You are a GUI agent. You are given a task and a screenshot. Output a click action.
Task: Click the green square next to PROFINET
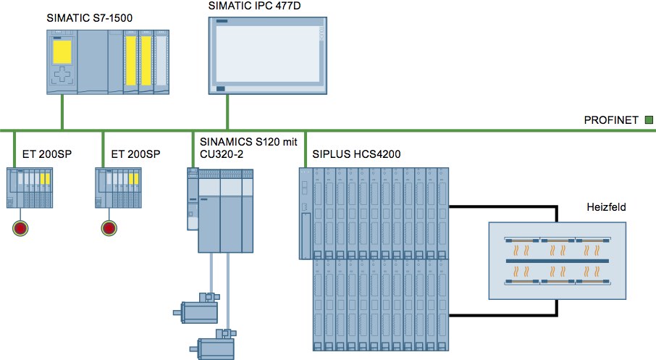(x=649, y=120)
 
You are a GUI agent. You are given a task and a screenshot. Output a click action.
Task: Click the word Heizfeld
(x=605, y=207)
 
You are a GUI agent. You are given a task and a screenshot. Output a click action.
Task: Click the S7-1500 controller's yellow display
(x=62, y=51)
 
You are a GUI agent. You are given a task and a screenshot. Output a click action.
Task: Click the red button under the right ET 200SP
(x=109, y=228)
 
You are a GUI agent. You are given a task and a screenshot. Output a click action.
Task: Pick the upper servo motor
(x=197, y=309)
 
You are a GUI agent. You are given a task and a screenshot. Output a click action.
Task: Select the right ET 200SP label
(x=135, y=154)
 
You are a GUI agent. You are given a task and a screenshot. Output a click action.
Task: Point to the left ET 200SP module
(x=30, y=189)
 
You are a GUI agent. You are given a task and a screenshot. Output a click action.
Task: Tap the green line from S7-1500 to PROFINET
(x=62, y=112)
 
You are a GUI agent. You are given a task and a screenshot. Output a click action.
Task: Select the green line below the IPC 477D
(x=228, y=112)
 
